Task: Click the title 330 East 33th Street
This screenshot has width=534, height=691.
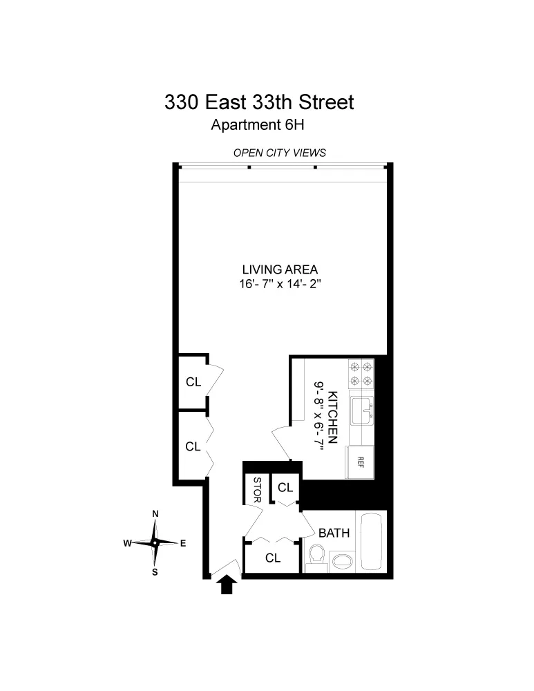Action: click(258, 103)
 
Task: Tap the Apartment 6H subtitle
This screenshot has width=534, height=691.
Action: click(258, 126)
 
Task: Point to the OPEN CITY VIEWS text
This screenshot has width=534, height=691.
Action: click(279, 153)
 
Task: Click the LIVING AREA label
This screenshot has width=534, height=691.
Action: click(280, 269)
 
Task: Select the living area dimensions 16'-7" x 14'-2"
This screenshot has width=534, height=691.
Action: click(280, 283)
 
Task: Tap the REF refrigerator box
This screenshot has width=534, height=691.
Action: click(361, 462)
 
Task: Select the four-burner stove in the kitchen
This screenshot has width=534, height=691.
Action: click(361, 373)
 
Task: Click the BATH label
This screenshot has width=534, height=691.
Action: click(334, 533)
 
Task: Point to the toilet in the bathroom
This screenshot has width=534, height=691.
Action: click(316, 556)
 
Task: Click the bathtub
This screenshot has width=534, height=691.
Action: click(371, 542)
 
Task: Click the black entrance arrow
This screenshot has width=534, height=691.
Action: click(227, 586)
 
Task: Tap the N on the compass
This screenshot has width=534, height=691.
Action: click(155, 513)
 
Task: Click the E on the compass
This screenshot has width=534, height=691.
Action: click(183, 543)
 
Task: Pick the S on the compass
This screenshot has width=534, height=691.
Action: click(155, 571)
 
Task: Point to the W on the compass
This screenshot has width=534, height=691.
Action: click(127, 543)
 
